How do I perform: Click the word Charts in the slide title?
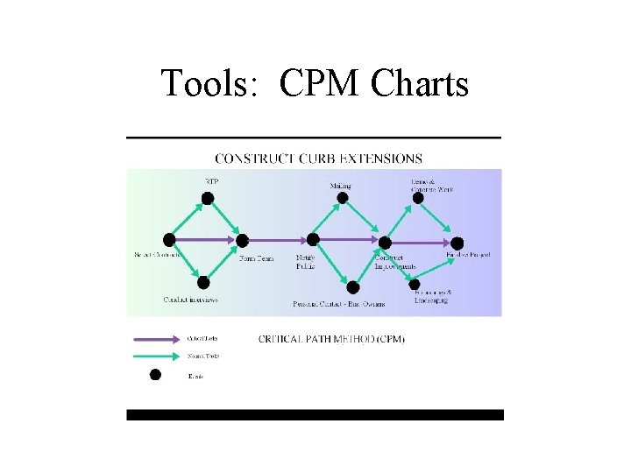(x=420, y=84)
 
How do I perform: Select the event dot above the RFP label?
(x=208, y=198)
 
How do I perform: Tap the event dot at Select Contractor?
(x=169, y=239)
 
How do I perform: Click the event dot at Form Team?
(x=243, y=240)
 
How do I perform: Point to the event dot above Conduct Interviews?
(x=203, y=283)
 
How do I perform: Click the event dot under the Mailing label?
(x=343, y=198)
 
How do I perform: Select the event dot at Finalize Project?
(x=457, y=242)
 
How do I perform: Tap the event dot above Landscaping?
(x=415, y=283)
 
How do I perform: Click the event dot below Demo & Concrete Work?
(x=418, y=198)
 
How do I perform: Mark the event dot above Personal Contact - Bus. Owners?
(x=352, y=286)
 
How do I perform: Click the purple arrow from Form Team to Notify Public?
(x=275, y=239)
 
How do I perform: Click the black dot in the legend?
(x=155, y=375)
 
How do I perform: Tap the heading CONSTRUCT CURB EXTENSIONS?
(x=318, y=159)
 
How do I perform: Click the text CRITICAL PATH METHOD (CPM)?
(x=331, y=339)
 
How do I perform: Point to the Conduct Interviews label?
(x=190, y=300)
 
